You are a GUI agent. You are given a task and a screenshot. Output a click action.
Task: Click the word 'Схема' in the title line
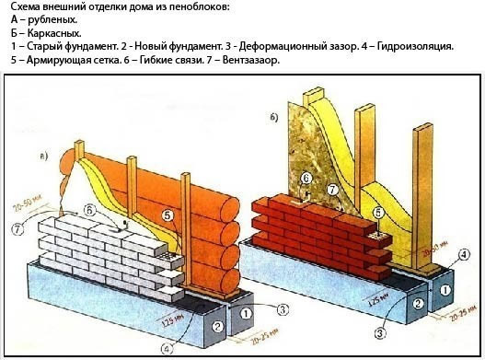click(x=23, y=7)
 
